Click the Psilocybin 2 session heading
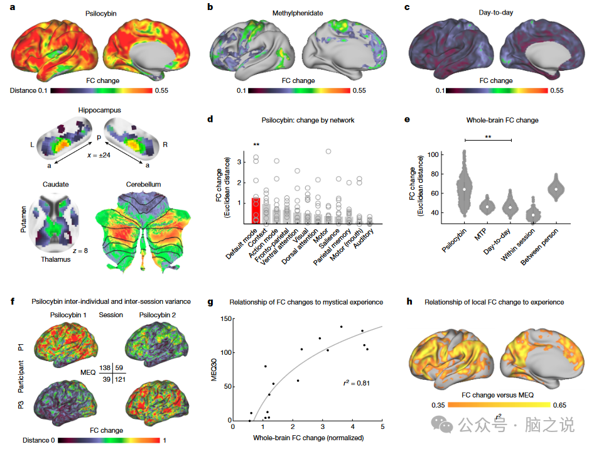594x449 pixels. pos(155,315)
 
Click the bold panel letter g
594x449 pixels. pos(210,302)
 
